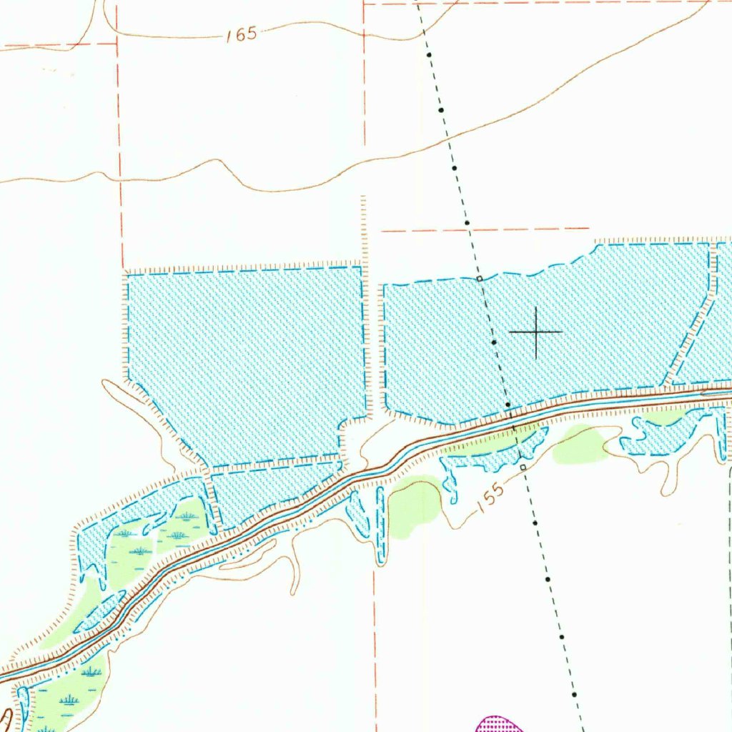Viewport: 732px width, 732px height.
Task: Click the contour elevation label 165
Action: click(x=242, y=35)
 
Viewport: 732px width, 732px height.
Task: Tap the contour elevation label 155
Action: click(x=490, y=494)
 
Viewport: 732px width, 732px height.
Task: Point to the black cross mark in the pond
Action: click(x=535, y=332)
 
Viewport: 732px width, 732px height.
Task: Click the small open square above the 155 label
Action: click(x=523, y=467)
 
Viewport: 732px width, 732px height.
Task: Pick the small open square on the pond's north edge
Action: click(x=480, y=278)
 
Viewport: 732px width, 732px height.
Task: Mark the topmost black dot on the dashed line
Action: click(x=429, y=55)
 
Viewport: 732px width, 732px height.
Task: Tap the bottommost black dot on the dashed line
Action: click(x=574, y=694)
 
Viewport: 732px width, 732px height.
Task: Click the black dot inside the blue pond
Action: click(x=494, y=342)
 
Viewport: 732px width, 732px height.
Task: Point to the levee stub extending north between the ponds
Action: click(x=363, y=229)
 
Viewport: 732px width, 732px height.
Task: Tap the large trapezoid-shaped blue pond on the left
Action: click(x=247, y=357)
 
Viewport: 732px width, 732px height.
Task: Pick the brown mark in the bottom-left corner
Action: click(x=6, y=718)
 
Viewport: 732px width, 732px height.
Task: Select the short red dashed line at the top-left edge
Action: click(x=57, y=45)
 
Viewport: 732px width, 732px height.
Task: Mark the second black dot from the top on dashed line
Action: click(x=441, y=110)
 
